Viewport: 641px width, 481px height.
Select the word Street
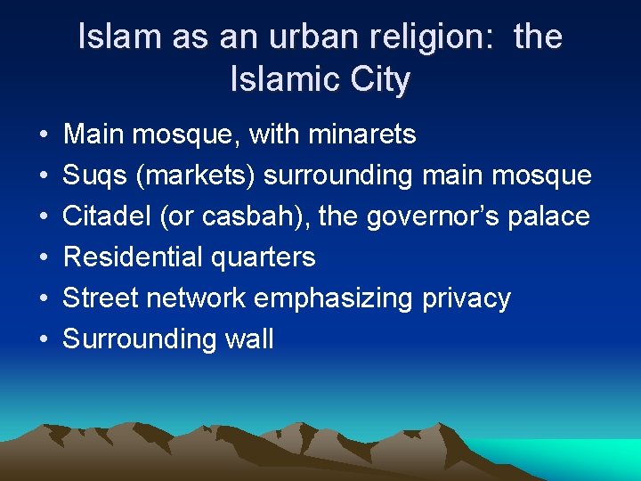pos(101,298)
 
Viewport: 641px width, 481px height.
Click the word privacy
pos(468,299)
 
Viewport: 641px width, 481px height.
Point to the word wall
pos(250,339)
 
